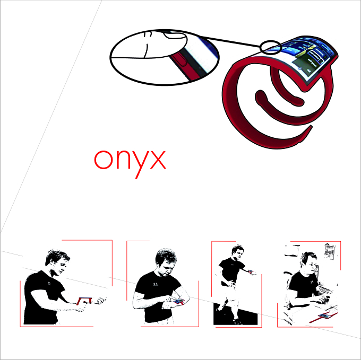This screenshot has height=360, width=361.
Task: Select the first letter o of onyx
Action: tap(104, 160)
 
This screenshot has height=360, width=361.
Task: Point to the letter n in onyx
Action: tap(122, 160)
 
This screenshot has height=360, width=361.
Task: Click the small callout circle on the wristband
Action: tap(271, 47)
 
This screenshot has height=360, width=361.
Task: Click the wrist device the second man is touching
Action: tap(179, 301)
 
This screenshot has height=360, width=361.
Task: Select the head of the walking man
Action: tap(238, 252)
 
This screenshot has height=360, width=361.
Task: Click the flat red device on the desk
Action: tap(324, 317)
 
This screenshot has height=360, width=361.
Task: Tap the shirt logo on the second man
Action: tap(156, 284)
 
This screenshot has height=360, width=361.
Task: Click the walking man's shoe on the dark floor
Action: tap(237, 321)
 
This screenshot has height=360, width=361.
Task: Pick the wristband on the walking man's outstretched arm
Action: tap(250, 272)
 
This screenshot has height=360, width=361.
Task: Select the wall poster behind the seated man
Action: tap(330, 251)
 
